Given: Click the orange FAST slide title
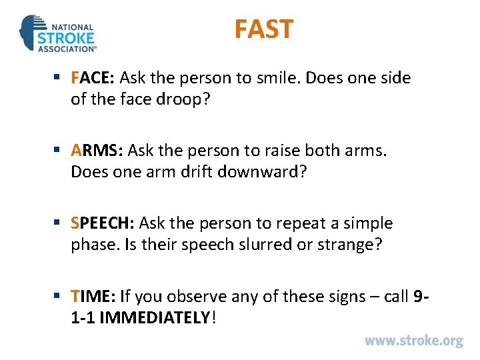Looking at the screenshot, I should pyautogui.click(x=263, y=29).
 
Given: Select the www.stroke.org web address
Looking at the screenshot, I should pyautogui.click(x=413, y=341).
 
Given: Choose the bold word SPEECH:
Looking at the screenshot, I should pyautogui.click(x=103, y=223).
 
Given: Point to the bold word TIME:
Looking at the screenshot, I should pyautogui.click(x=94, y=296).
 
